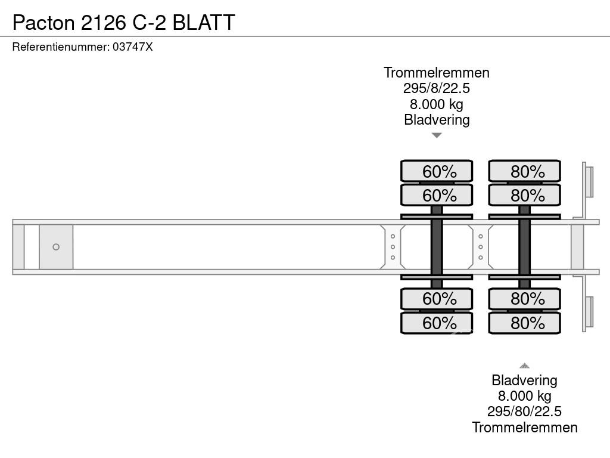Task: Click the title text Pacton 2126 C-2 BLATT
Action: (x=123, y=22)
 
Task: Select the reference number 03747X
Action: (x=132, y=47)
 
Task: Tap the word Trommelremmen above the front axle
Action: (x=437, y=73)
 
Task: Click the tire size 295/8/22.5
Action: (x=437, y=88)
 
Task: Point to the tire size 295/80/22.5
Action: (x=524, y=411)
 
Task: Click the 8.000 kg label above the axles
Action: (x=437, y=104)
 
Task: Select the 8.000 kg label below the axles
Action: (x=524, y=396)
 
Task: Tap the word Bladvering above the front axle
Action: (x=437, y=120)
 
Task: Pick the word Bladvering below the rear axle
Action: (x=524, y=380)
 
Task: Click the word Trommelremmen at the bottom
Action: (x=524, y=427)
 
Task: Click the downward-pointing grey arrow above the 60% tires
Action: (x=437, y=135)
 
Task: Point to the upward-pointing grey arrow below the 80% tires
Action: (x=524, y=366)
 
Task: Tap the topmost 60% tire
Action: (x=437, y=171)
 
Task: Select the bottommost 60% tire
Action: (x=437, y=323)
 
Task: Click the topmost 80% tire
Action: (x=524, y=171)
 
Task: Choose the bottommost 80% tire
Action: (x=524, y=323)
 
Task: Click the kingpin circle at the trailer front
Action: (x=56, y=247)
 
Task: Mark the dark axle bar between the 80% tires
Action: (x=524, y=247)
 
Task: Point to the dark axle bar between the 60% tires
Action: (x=437, y=247)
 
